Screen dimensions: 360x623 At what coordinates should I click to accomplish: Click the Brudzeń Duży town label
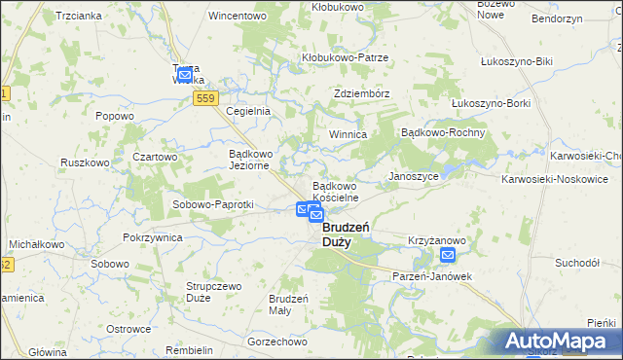338,234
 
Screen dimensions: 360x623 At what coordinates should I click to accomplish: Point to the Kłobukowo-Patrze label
345,57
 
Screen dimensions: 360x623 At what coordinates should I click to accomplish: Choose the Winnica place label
347,134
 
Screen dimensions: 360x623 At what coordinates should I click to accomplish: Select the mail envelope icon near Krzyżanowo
447,256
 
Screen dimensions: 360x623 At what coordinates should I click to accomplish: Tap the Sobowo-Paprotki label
212,205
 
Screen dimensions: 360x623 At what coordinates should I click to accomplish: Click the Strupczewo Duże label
213,293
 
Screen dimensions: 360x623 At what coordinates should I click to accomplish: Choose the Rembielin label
190,349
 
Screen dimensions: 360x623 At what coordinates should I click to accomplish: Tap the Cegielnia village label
247,111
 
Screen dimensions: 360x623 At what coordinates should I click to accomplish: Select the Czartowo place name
155,157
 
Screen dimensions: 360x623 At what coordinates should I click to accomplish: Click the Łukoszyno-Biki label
517,61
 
